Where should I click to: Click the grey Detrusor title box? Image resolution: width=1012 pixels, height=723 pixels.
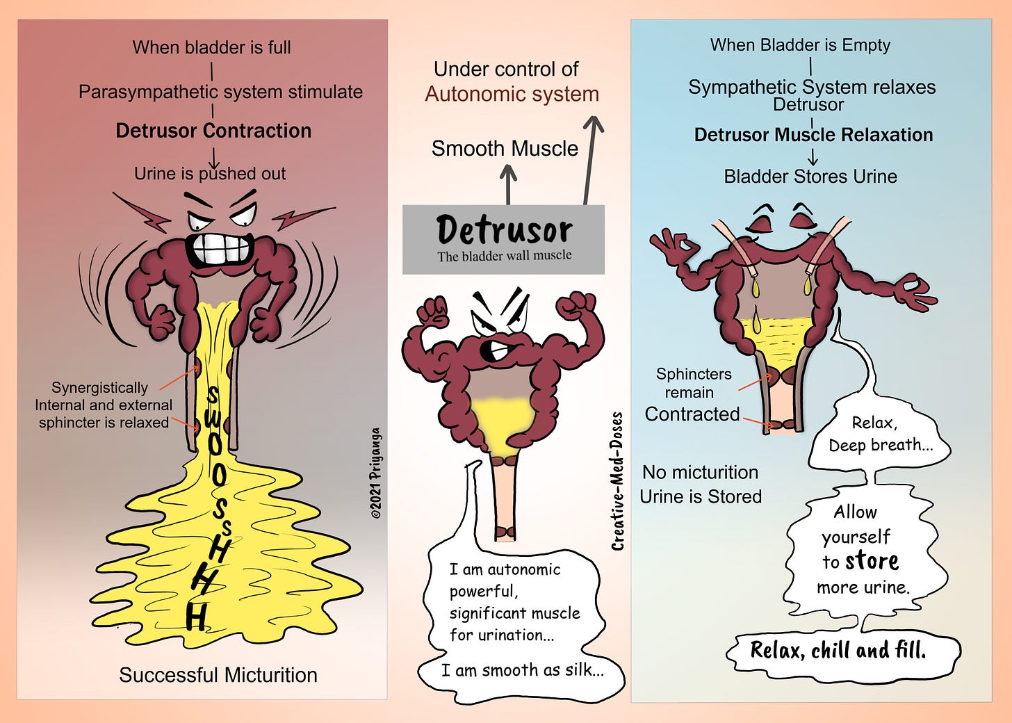[x=504, y=238]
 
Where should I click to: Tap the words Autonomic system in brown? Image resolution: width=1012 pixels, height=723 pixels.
[x=512, y=94]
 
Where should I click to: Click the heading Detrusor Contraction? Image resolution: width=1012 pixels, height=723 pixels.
[x=213, y=131]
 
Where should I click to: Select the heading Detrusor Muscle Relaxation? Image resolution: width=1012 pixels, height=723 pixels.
[x=813, y=135]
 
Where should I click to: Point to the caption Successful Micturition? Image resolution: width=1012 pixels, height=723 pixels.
[x=218, y=675]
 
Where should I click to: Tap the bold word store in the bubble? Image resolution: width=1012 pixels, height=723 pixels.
[x=871, y=560]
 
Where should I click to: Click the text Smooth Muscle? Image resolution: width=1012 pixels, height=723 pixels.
[x=505, y=148]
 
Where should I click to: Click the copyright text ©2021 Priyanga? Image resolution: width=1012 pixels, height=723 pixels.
[x=375, y=473]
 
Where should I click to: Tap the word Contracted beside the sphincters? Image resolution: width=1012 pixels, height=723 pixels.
[x=692, y=414]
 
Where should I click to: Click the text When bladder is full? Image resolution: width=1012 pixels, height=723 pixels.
[x=211, y=47]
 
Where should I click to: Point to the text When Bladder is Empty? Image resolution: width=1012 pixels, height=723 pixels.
[x=800, y=45]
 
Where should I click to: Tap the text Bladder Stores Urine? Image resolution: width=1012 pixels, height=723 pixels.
[x=810, y=177]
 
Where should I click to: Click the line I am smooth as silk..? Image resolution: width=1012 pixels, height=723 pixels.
[x=522, y=670]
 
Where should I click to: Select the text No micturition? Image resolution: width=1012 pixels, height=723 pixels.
[x=700, y=473]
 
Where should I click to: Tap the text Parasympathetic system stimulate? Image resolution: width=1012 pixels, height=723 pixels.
[x=220, y=92]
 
